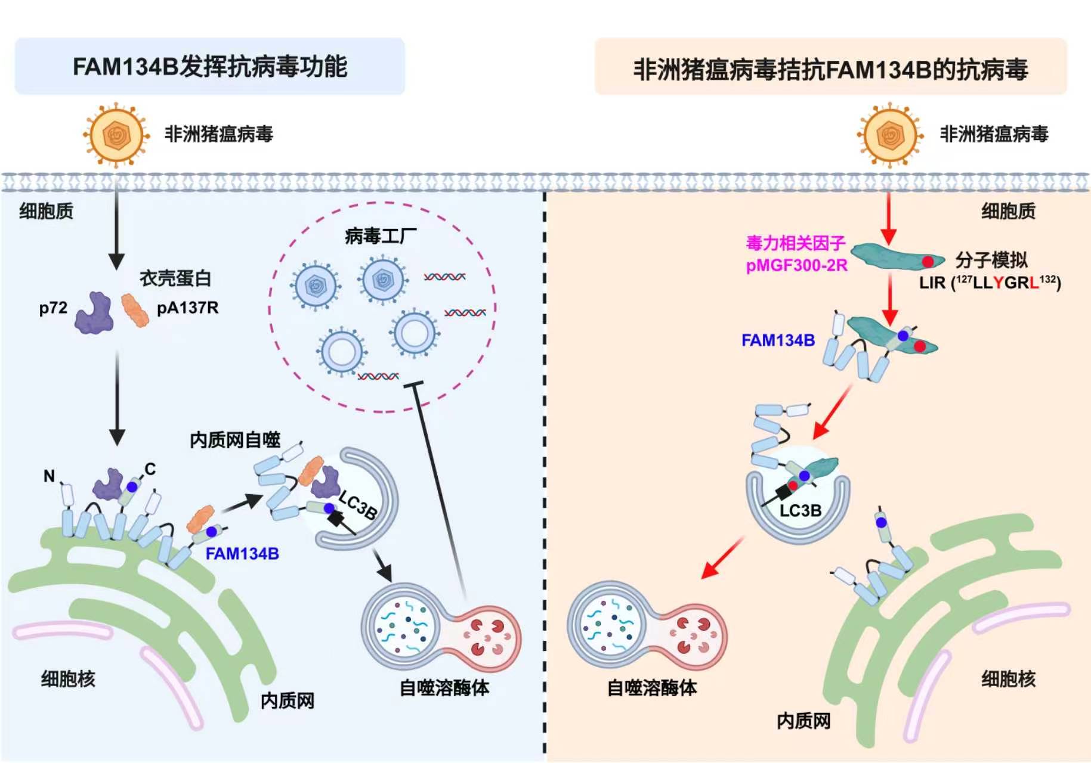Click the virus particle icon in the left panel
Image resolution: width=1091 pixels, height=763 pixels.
[x=116, y=135]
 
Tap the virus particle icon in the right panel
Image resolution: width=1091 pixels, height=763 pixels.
[x=890, y=135]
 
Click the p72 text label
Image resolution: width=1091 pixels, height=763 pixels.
[x=53, y=308]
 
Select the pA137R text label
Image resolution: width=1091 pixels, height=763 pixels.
[x=187, y=308]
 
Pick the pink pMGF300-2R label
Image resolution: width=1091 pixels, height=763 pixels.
[x=796, y=265]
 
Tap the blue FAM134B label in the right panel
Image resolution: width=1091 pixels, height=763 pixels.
[x=778, y=340]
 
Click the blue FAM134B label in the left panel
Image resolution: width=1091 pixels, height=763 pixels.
[x=242, y=554]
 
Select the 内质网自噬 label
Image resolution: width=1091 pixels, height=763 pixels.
[x=235, y=440]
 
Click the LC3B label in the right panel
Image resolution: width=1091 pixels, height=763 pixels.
[x=801, y=511]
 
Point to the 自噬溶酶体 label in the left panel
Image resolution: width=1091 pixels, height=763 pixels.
[x=444, y=688]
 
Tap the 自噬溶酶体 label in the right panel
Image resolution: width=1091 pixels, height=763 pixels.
[x=652, y=688]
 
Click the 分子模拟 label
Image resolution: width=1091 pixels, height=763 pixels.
[x=991, y=260]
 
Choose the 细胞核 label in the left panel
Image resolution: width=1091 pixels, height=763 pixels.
[x=68, y=678]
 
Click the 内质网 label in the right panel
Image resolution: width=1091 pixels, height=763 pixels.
[x=803, y=721]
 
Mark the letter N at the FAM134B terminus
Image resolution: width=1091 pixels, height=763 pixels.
[x=49, y=476]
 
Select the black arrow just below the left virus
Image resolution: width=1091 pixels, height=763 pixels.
[x=116, y=227]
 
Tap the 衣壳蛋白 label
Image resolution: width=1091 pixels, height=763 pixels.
[x=175, y=278]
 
